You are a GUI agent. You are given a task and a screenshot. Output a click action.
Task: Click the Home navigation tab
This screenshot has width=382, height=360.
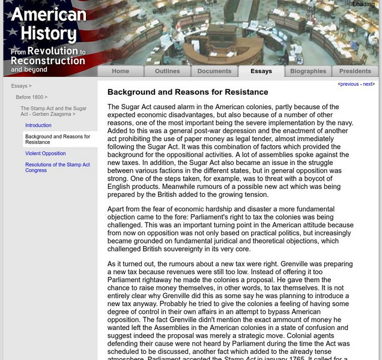[x=120, y=71]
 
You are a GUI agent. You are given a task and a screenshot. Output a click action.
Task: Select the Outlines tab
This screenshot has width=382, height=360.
[x=167, y=71]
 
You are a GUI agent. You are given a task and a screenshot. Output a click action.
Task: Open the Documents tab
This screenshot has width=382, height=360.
[x=214, y=71]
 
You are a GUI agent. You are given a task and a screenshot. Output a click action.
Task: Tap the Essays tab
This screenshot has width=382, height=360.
[x=261, y=71]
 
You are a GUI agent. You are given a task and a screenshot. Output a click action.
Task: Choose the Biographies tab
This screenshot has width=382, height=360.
[x=308, y=71]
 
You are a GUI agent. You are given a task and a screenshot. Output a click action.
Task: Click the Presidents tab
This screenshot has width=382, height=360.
[x=356, y=71]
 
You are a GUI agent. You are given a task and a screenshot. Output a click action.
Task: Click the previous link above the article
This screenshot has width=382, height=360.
[x=350, y=85]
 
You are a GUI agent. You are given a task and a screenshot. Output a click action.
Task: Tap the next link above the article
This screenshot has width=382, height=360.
[x=368, y=85]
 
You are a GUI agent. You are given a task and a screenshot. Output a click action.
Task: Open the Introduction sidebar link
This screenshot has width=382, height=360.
[x=38, y=125]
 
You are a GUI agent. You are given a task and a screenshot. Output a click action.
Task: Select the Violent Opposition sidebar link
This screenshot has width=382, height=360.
[x=46, y=154]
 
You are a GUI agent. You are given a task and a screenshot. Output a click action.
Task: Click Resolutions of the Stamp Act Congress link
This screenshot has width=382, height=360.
[x=57, y=167]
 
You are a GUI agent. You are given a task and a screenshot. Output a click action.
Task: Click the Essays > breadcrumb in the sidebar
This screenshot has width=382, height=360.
[x=21, y=86]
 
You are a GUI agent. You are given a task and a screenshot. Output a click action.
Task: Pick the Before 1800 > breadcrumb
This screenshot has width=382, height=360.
[x=31, y=97]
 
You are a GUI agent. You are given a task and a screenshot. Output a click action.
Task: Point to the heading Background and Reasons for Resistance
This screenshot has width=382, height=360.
[x=187, y=92]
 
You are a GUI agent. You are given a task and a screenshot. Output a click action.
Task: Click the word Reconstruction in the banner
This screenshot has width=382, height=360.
[x=48, y=61]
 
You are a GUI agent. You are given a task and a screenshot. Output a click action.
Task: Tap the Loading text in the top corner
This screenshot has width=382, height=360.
[x=363, y=4]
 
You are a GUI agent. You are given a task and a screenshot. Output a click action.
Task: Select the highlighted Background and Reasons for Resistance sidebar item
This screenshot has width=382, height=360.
[x=57, y=140]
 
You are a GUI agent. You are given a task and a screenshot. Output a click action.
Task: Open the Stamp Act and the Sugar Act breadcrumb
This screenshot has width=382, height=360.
[x=53, y=111]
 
